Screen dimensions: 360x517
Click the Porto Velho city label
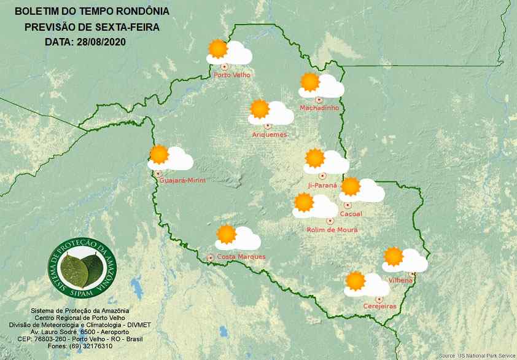click(232, 76)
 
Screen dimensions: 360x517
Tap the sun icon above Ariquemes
click(260, 109)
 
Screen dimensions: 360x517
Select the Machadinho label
click(319, 108)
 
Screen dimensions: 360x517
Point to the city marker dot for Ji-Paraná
click(322, 176)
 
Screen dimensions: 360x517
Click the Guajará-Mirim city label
click(182, 180)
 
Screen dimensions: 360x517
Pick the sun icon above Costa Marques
click(227, 234)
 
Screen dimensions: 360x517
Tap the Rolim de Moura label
click(332, 230)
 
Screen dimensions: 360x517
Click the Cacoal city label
click(351, 214)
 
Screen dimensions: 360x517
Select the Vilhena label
click(401, 280)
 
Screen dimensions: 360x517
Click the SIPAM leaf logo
click(82, 265)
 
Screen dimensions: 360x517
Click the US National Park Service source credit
click(477, 356)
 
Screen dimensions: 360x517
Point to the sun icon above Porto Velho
click(217, 49)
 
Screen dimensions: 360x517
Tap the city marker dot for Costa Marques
click(211, 257)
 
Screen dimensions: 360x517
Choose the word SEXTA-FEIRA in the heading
click(125, 27)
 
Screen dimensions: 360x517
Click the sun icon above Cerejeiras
click(355, 281)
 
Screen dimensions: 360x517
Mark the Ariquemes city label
click(269, 135)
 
